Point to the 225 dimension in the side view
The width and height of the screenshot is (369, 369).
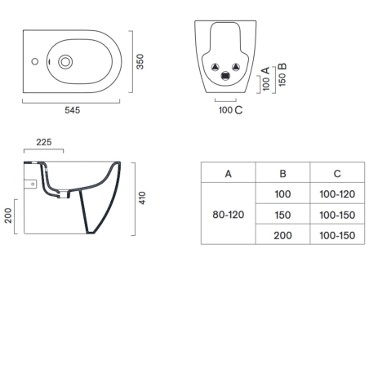[x=44, y=142]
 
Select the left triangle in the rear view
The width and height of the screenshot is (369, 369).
[x=215, y=66]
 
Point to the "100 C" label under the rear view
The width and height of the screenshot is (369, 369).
[x=229, y=110]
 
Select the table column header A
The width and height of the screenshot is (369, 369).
[x=228, y=174]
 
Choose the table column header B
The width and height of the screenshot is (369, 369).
[x=282, y=174]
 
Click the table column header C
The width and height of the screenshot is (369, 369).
[x=336, y=174]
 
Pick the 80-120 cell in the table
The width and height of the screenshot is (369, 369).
[x=228, y=214]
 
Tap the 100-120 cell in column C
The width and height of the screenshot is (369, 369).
[x=336, y=194]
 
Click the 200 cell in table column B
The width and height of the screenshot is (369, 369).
[x=282, y=234]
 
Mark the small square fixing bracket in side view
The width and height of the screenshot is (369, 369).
[x=33, y=184]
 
